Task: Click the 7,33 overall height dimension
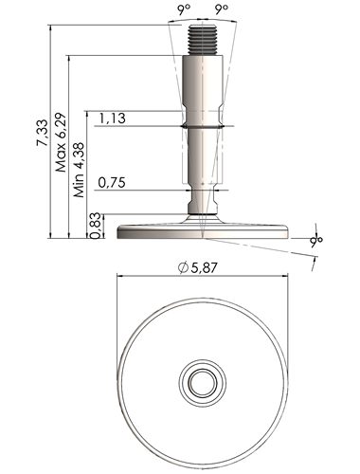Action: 43,133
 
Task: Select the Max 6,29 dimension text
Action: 61,142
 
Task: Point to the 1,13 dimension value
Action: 113,118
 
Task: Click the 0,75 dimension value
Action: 112,183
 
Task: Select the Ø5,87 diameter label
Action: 198,268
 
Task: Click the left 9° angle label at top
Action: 184,9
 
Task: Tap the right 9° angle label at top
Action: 222,9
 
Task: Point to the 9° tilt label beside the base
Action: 316,241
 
